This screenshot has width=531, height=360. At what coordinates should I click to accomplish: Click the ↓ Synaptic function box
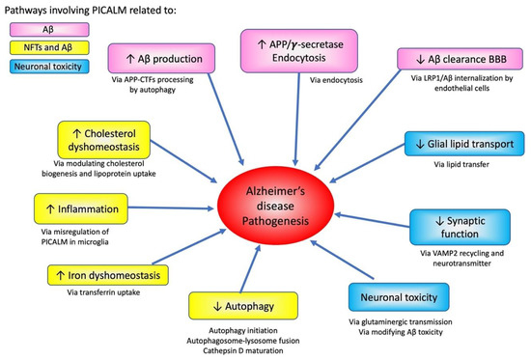[x=461, y=228]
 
